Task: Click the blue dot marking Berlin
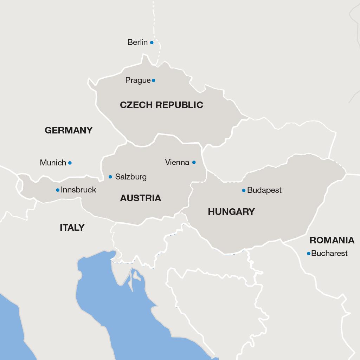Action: point(152,42)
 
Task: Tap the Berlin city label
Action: point(137,42)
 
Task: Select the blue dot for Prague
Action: point(153,80)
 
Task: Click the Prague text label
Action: point(138,80)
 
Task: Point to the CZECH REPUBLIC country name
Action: point(161,105)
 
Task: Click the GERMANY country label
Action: point(69,130)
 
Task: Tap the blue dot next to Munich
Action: point(70,163)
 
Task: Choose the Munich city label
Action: point(53,163)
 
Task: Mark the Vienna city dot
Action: point(194,162)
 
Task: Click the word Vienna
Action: point(177,162)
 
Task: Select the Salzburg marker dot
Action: point(110,177)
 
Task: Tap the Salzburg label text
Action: point(131,177)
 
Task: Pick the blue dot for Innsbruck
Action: point(58,190)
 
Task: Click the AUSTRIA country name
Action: point(141,198)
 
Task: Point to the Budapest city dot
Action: point(244,190)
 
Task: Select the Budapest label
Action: point(264,190)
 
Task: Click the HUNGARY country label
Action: point(231,212)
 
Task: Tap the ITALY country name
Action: point(72,228)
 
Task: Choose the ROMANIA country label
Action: point(332,240)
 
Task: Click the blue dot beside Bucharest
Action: point(308,254)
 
